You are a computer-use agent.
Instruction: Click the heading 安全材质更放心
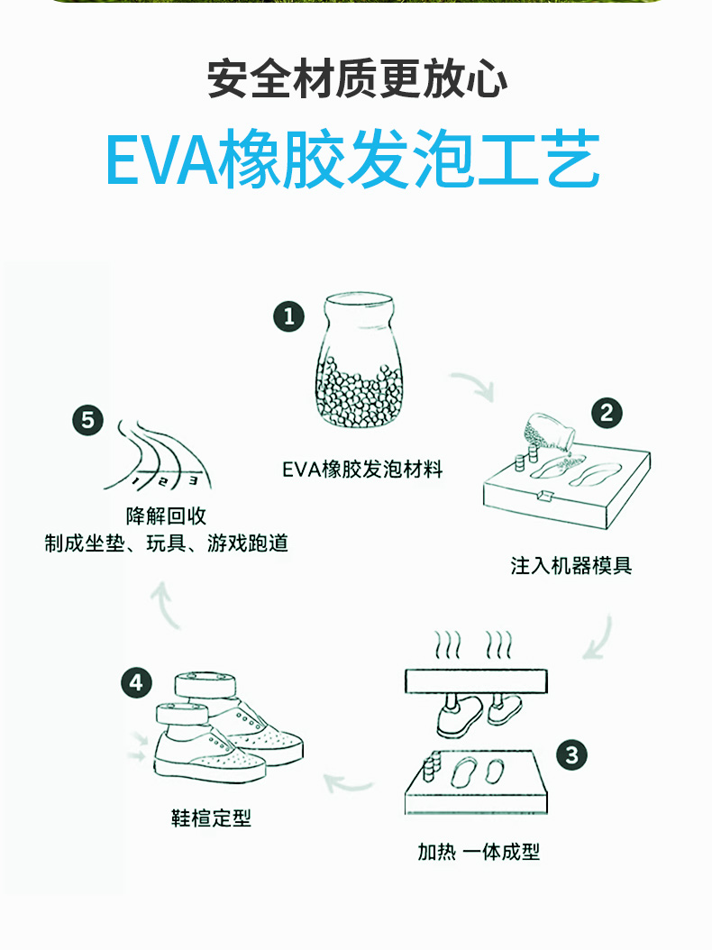tap(357, 79)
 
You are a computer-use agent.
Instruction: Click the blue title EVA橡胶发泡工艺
tap(353, 162)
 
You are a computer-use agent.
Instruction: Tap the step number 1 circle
tap(289, 316)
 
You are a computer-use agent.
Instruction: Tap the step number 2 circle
tap(607, 413)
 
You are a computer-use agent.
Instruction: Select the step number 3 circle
tap(572, 754)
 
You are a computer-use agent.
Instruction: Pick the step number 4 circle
tap(136, 682)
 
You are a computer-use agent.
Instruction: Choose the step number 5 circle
tap(87, 420)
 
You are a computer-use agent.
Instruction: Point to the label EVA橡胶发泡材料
tap(362, 470)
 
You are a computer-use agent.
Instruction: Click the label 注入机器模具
tap(571, 566)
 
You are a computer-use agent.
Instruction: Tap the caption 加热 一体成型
tap(479, 852)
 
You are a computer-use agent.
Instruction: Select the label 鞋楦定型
tap(211, 818)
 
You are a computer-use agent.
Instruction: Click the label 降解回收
tap(167, 516)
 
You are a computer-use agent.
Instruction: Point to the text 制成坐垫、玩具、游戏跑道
tap(167, 544)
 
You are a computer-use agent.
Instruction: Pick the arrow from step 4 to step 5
tap(167, 604)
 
